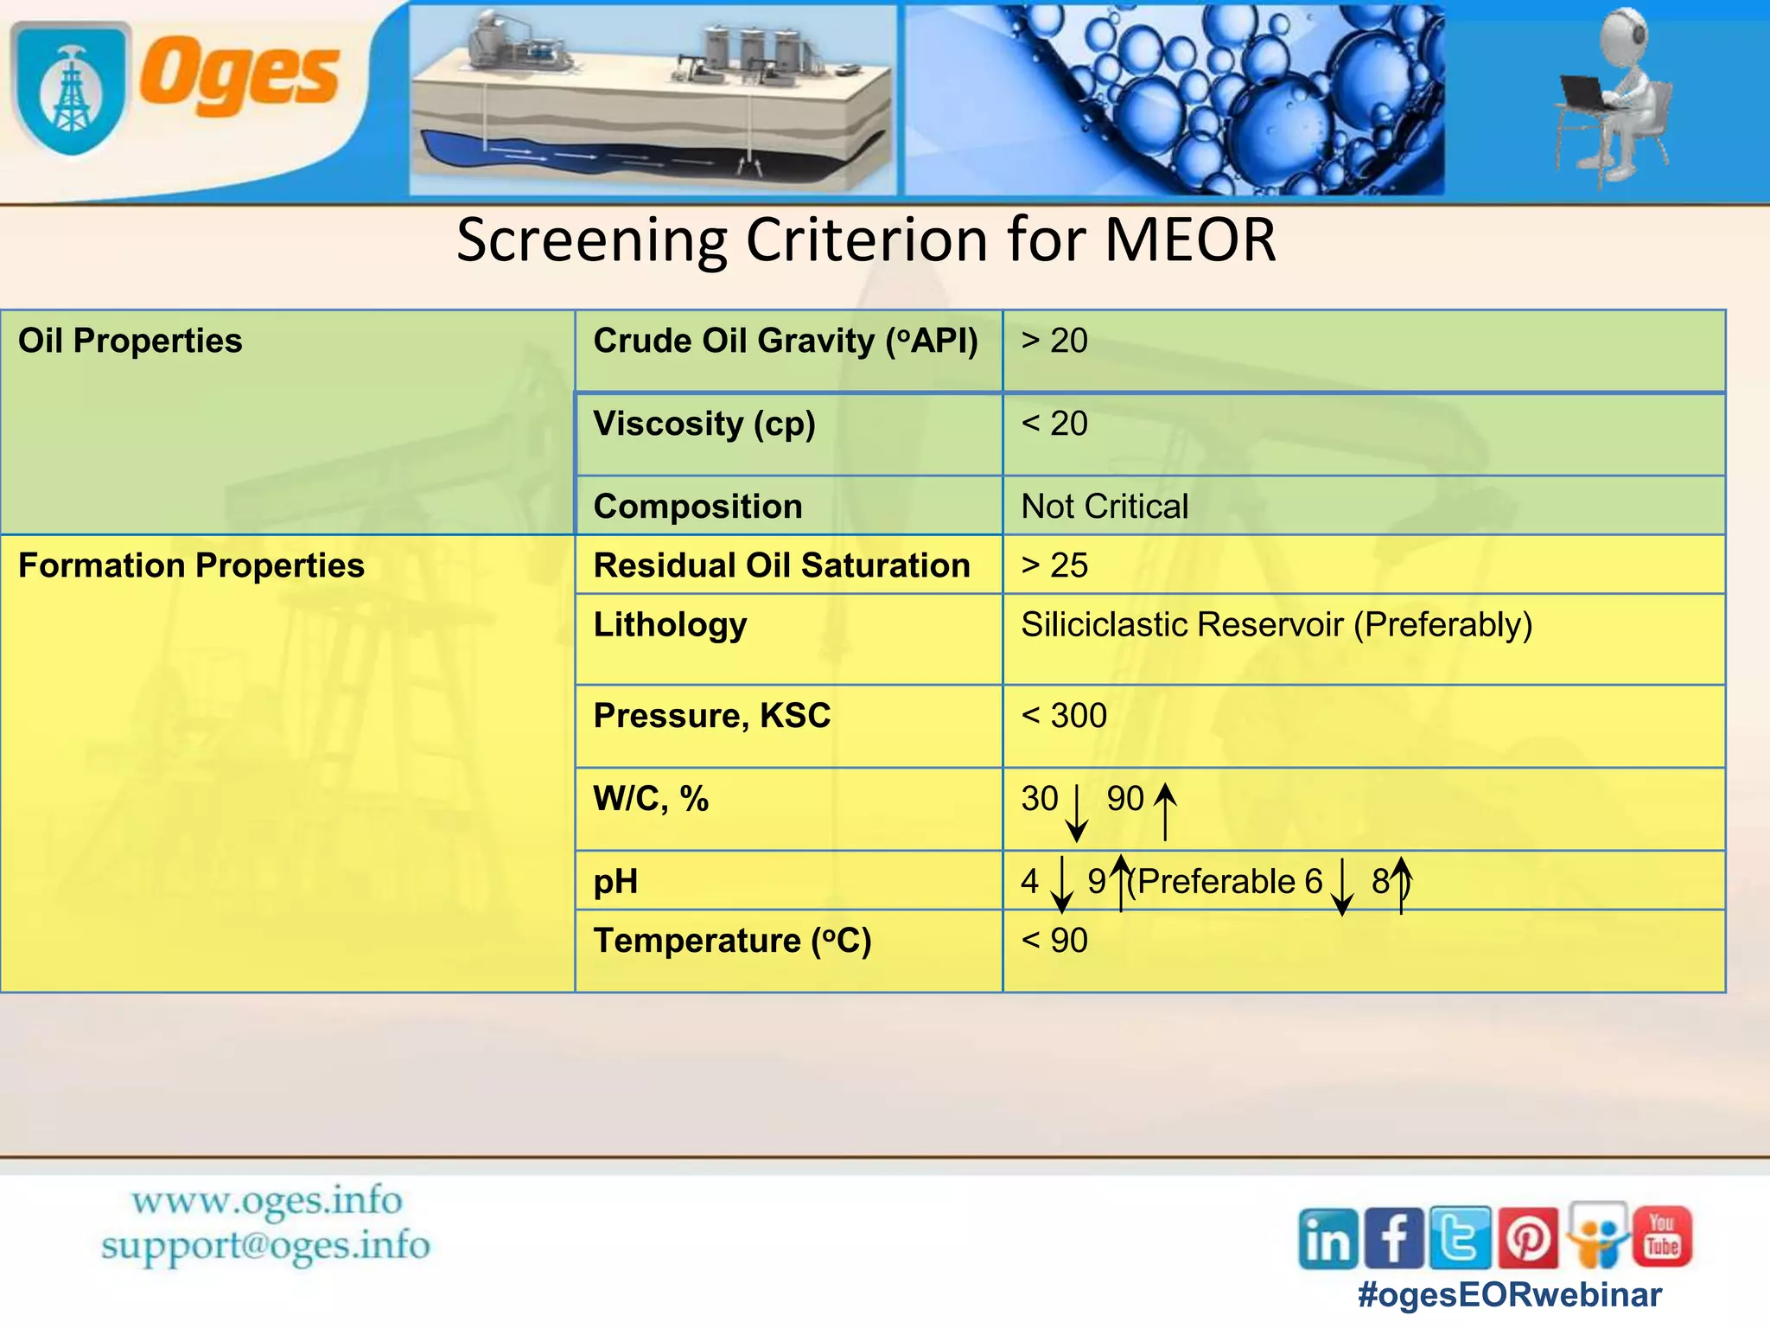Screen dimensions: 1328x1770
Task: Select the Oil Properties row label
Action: coord(130,341)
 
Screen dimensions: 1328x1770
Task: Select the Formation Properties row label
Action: coord(191,565)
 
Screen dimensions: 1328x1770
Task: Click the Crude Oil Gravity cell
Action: coord(786,341)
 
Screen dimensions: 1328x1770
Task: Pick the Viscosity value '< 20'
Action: coord(1054,424)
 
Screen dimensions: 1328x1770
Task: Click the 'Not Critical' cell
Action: coord(1105,507)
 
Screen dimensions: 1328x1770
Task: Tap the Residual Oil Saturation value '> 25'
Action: coord(1054,565)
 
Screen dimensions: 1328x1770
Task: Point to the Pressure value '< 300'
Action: coord(1063,716)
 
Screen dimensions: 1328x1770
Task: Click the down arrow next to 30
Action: coord(1076,813)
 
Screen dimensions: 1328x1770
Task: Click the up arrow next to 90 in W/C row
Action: coord(1165,811)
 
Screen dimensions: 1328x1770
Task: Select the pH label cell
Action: coord(615,882)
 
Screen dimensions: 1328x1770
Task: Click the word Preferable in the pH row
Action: coord(1216,882)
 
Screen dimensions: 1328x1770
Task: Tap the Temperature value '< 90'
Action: coord(1054,941)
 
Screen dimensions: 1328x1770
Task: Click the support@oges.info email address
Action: coord(264,1246)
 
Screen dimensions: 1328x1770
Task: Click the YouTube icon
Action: coord(1661,1236)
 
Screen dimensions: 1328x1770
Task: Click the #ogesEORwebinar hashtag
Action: coord(1509,1295)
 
